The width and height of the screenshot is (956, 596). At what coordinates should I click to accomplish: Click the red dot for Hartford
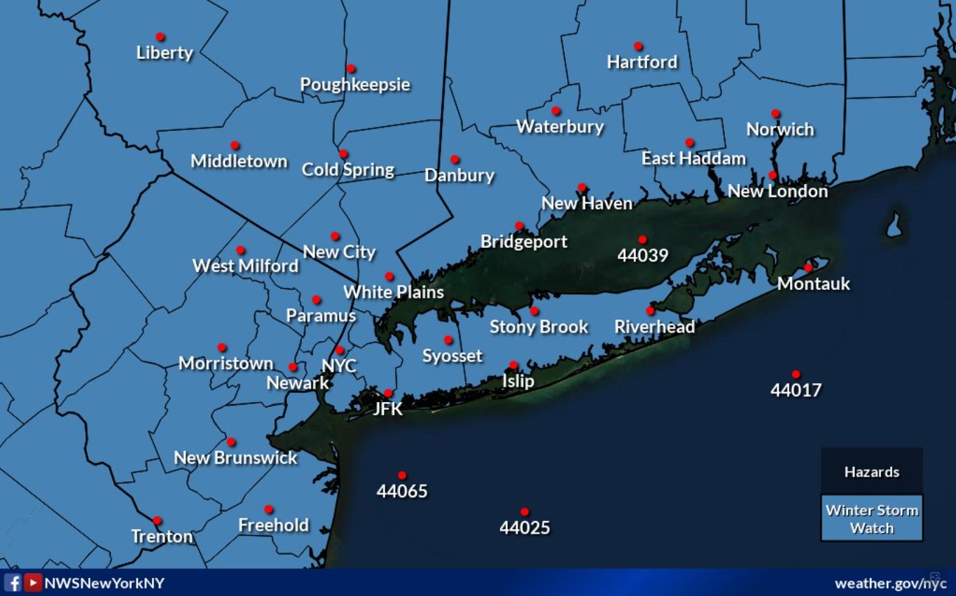pos(638,46)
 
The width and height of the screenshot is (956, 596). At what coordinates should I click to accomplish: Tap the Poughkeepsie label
pos(355,85)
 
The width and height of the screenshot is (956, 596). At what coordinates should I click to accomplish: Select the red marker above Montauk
pos(808,267)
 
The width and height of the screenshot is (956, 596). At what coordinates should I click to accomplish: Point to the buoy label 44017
pos(796,390)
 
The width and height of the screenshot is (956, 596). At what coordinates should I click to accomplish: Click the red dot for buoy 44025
pos(525,512)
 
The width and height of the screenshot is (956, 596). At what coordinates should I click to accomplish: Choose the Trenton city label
pos(162,536)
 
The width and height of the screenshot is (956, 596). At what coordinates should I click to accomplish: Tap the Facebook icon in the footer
pos(13,583)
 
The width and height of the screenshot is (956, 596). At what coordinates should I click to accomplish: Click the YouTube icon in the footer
pos(33,583)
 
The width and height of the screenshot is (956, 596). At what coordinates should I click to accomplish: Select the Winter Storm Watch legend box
pos(871,519)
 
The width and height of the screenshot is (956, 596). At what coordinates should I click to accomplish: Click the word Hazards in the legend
pos(871,472)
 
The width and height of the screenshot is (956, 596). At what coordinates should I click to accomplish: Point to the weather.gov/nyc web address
pos(890,583)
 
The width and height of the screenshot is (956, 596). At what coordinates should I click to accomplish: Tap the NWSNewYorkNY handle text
pos(104,583)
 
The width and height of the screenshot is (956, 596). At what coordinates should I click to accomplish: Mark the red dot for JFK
pos(388,393)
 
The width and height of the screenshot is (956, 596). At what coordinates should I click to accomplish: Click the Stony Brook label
pos(539,327)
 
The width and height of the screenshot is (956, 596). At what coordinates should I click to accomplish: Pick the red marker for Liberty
pos(160,36)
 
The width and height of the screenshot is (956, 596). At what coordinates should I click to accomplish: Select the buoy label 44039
pos(642,256)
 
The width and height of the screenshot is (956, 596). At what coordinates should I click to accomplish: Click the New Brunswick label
pos(235,458)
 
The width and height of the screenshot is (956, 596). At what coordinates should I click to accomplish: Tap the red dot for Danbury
pos(455,160)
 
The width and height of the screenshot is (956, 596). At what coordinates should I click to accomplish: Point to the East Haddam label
pos(693,158)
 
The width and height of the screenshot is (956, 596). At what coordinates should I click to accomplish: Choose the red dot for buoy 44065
pos(402,476)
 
